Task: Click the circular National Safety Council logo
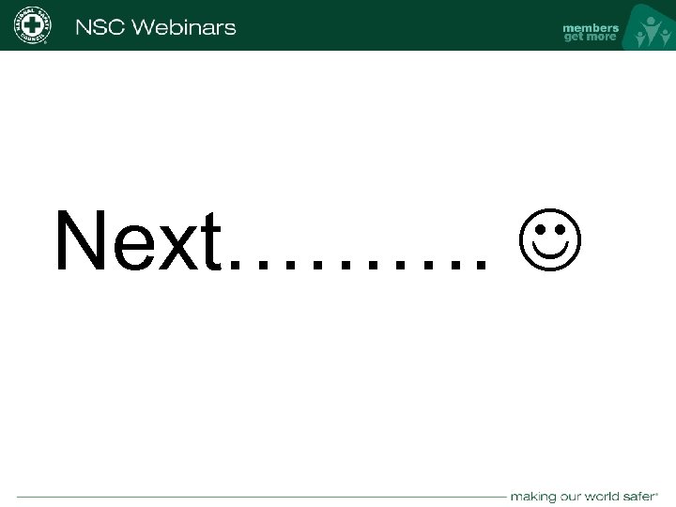pos(32,25)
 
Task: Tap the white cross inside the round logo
pos(32,25)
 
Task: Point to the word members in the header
pos(591,27)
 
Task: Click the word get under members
pos(573,38)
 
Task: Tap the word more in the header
pos(601,38)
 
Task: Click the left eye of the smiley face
pos(537,227)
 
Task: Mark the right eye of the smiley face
pos(561,227)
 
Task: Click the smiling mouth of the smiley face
pos(549,252)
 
